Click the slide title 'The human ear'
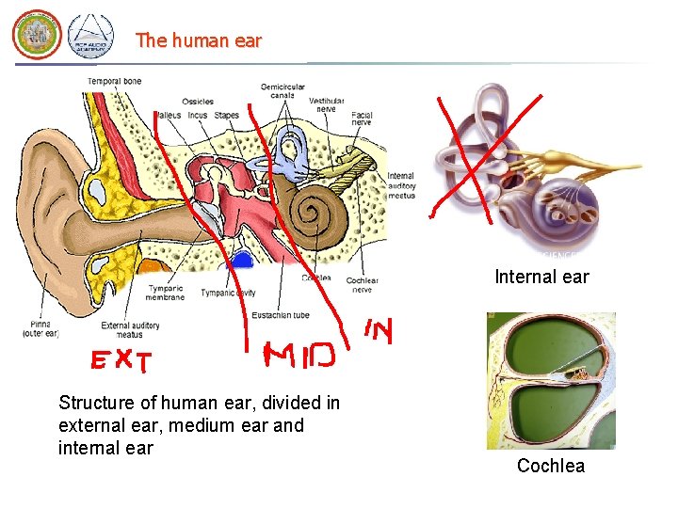click(x=198, y=40)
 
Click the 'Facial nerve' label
click(x=362, y=119)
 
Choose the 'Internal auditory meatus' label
click(x=401, y=185)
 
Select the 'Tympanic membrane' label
click(x=165, y=292)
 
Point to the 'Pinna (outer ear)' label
click(x=40, y=329)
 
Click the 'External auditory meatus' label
click(x=130, y=329)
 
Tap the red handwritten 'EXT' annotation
click(x=122, y=359)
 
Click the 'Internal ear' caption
click(x=541, y=277)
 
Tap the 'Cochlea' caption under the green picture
click(x=550, y=466)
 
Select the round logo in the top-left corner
click(x=36, y=35)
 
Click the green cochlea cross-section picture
click(x=550, y=380)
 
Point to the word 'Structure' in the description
click(x=97, y=403)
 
